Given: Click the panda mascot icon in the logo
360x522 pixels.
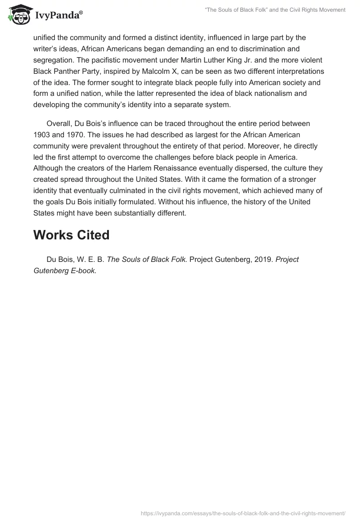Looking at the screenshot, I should click(x=18, y=15).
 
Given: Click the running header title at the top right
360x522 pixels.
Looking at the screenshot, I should click(x=275, y=10).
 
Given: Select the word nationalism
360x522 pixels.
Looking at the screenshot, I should click(x=285, y=94).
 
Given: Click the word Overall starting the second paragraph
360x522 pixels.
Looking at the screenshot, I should click(x=59, y=123).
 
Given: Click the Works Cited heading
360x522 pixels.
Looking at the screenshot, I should click(x=71, y=235).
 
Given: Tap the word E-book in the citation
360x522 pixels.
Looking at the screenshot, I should click(x=81, y=271).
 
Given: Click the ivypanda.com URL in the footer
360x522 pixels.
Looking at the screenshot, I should click(x=243, y=513).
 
